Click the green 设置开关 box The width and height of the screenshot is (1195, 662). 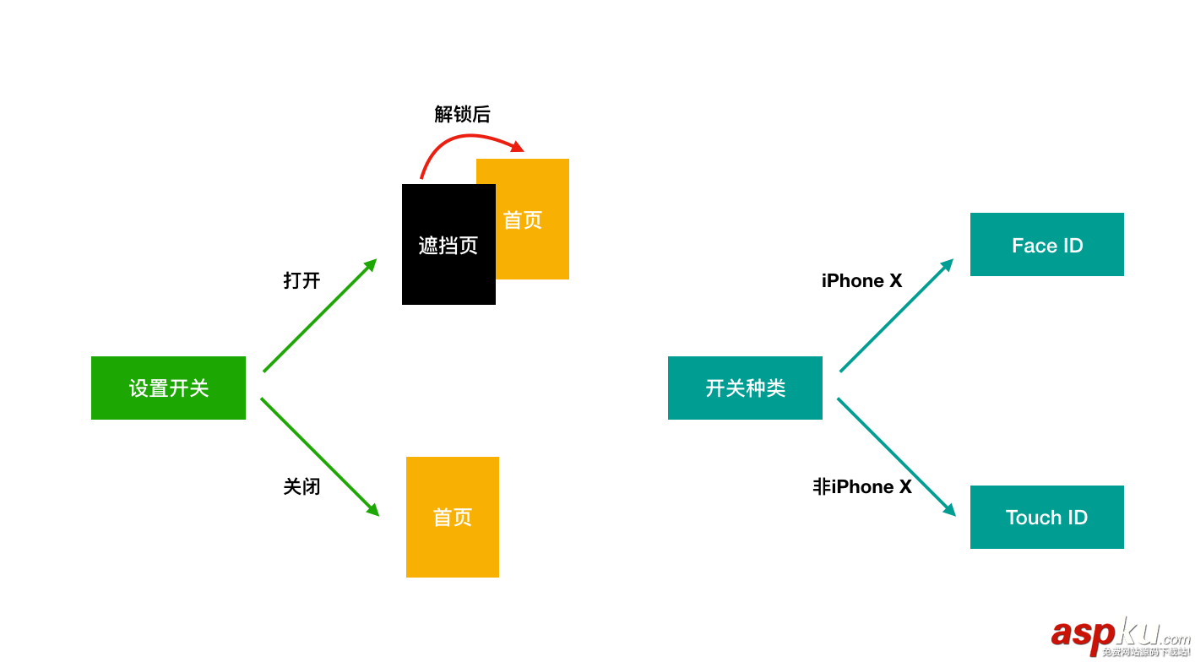pos(168,388)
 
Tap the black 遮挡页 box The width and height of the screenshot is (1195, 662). pos(448,244)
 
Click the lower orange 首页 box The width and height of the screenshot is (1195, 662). pos(452,517)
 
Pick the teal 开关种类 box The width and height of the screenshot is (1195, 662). pos(745,388)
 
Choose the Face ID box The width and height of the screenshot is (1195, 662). pos(1046,245)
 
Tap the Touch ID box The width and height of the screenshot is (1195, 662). pos(1046,517)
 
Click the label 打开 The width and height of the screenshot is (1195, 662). pos(301,280)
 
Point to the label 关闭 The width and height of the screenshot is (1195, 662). pos(301,486)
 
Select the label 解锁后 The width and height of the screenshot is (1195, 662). pos(462,114)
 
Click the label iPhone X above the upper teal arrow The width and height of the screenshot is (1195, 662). pos(861,280)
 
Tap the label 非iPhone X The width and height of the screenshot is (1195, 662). pos(862,486)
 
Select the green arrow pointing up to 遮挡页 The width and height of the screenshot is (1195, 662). pos(319,316)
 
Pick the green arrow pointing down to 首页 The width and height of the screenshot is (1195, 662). pos(319,456)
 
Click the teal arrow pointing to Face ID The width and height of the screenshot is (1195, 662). pos(896,316)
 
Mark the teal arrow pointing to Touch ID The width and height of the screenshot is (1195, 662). pos(896,456)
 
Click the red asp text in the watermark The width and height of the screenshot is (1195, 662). pos(1082,634)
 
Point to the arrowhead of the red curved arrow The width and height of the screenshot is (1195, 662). pos(517,148)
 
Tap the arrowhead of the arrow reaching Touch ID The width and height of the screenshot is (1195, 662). pos(950,510)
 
